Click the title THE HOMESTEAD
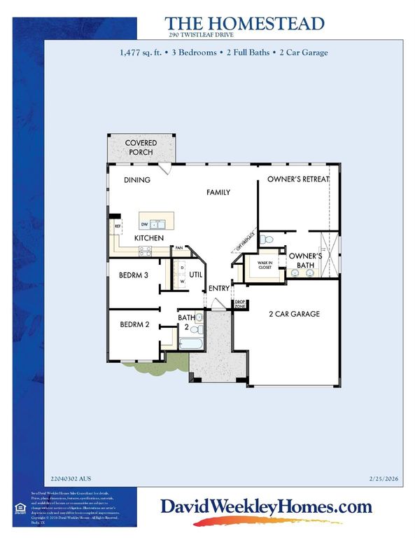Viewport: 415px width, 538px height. (246, 23)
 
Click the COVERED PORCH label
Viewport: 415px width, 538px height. (141, 147)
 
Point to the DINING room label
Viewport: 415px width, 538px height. (137, 180)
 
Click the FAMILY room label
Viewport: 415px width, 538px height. (218, 192)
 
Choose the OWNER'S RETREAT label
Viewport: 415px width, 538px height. (298, 180)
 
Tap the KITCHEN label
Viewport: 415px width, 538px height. (149, 239)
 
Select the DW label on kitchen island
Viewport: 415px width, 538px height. (145, 225)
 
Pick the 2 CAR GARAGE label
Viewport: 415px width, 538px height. (293, 314)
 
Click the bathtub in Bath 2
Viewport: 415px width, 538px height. (190, 344)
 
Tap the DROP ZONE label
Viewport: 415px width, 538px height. (239, 305)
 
